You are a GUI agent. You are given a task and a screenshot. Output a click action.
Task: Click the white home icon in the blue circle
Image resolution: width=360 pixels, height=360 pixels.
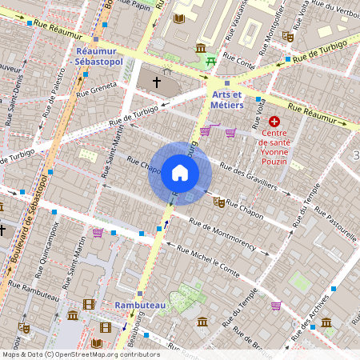pos(179,173)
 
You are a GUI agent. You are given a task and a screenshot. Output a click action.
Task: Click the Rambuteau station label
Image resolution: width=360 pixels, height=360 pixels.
pos(138,306)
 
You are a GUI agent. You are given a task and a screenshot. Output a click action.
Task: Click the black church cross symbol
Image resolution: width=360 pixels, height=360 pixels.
pos(156,82)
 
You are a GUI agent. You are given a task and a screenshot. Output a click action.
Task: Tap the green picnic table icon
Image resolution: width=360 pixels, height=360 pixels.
pos(211,61)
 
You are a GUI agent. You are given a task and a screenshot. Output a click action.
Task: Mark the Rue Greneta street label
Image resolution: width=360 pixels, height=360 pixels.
pos(95,89)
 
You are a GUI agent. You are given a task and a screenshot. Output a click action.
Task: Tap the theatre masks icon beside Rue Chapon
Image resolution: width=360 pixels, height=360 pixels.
pos(218,203)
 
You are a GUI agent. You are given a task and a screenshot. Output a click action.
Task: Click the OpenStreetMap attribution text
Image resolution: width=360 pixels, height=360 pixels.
pos(80,354)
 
